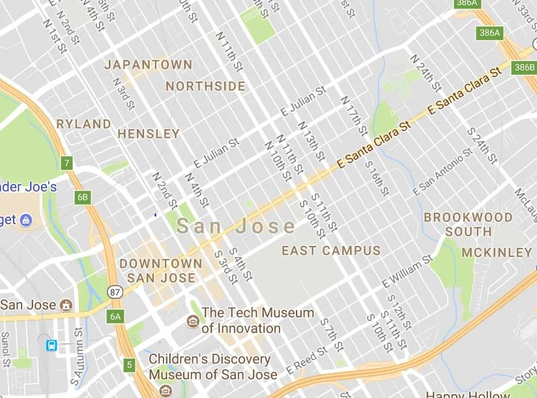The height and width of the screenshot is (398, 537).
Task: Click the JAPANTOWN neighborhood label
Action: pos(149,65)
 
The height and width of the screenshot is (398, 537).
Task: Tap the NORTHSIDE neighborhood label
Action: pos(205,86)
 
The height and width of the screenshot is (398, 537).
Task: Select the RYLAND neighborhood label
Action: pos(83,123)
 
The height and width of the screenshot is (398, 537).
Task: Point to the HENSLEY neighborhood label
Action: pos(149,134)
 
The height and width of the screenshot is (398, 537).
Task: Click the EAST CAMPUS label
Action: pos(331,251)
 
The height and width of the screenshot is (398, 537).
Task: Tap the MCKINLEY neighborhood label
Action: pos(497,252)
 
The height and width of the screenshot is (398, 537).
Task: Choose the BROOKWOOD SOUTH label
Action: pos(469,224)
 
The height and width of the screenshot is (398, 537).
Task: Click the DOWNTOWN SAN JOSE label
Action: pos(161,271)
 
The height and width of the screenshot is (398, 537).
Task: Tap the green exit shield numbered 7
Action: pos(66,162)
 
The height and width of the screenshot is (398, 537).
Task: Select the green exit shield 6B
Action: pos(82,197)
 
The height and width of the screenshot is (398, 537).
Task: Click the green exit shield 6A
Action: pos(115,316)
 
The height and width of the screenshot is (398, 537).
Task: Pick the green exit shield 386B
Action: pos(524,67)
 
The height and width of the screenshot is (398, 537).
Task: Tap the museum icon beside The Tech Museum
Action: pos(193,320)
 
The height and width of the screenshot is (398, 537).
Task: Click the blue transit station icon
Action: pos(51,345)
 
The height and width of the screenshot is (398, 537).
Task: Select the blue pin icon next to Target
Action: pos(26,220)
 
